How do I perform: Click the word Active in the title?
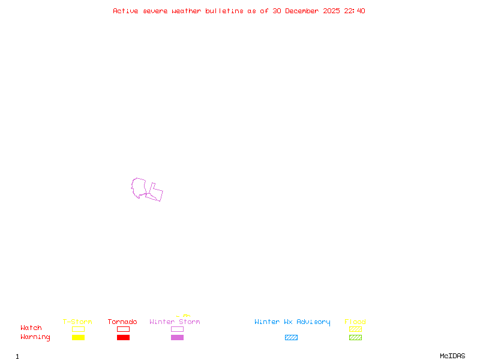125,11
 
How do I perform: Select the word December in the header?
305,11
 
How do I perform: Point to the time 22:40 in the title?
355,11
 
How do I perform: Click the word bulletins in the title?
224,11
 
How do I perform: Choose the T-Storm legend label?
77,322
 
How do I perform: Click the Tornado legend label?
122,322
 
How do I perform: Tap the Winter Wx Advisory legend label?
292,322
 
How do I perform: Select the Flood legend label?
355,322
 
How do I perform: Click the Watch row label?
31,328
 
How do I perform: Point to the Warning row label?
35,337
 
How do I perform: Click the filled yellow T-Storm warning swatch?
78,338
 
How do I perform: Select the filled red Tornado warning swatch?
123,338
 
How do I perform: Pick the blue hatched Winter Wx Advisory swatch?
291,338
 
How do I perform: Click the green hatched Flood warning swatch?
355,338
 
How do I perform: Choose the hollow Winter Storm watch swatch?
177,329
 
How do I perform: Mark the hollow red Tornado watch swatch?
123,329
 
